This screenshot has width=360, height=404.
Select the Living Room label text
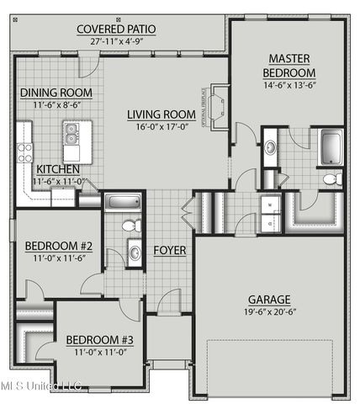[161, 114]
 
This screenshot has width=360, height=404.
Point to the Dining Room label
[56, 93]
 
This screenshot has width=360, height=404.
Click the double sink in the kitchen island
[72, 132]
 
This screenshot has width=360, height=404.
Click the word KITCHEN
[58, 168]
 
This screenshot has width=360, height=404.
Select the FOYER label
[169, 250]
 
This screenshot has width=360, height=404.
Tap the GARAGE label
[269, 299]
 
